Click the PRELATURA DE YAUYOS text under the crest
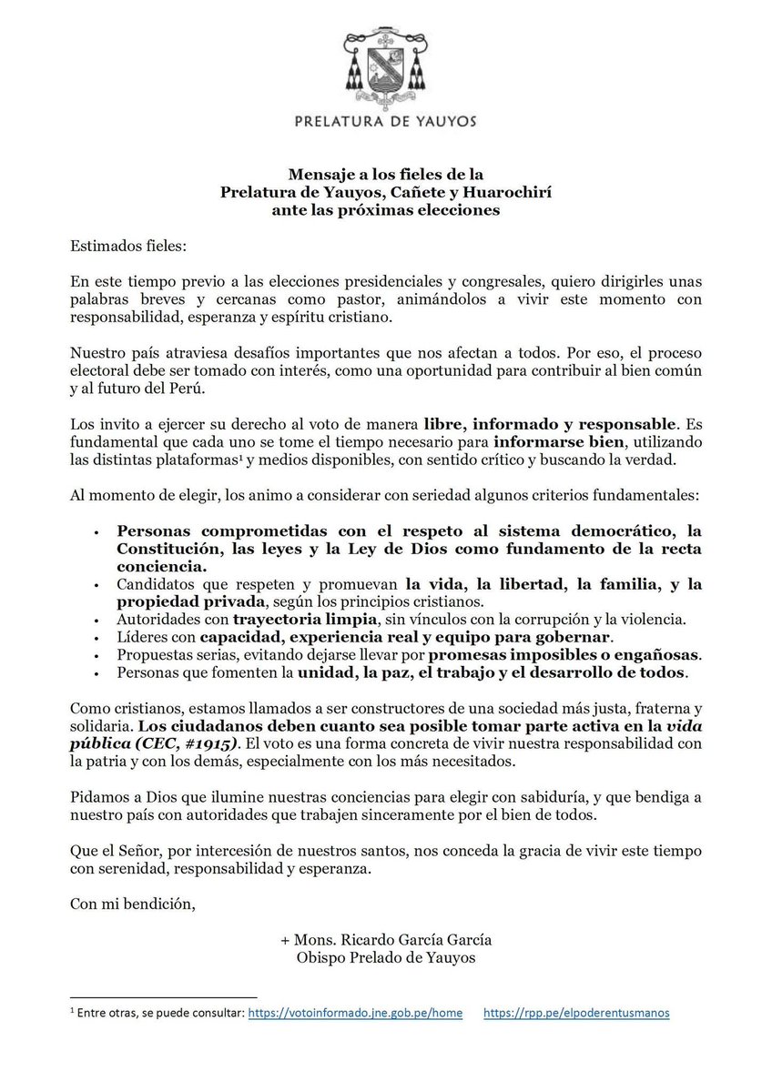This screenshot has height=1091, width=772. coord(386,120)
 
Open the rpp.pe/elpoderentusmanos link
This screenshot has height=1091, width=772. coord(576,1013)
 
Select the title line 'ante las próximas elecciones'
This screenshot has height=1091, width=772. coord(386,210)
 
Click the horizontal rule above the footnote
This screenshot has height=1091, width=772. coord(163,996)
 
